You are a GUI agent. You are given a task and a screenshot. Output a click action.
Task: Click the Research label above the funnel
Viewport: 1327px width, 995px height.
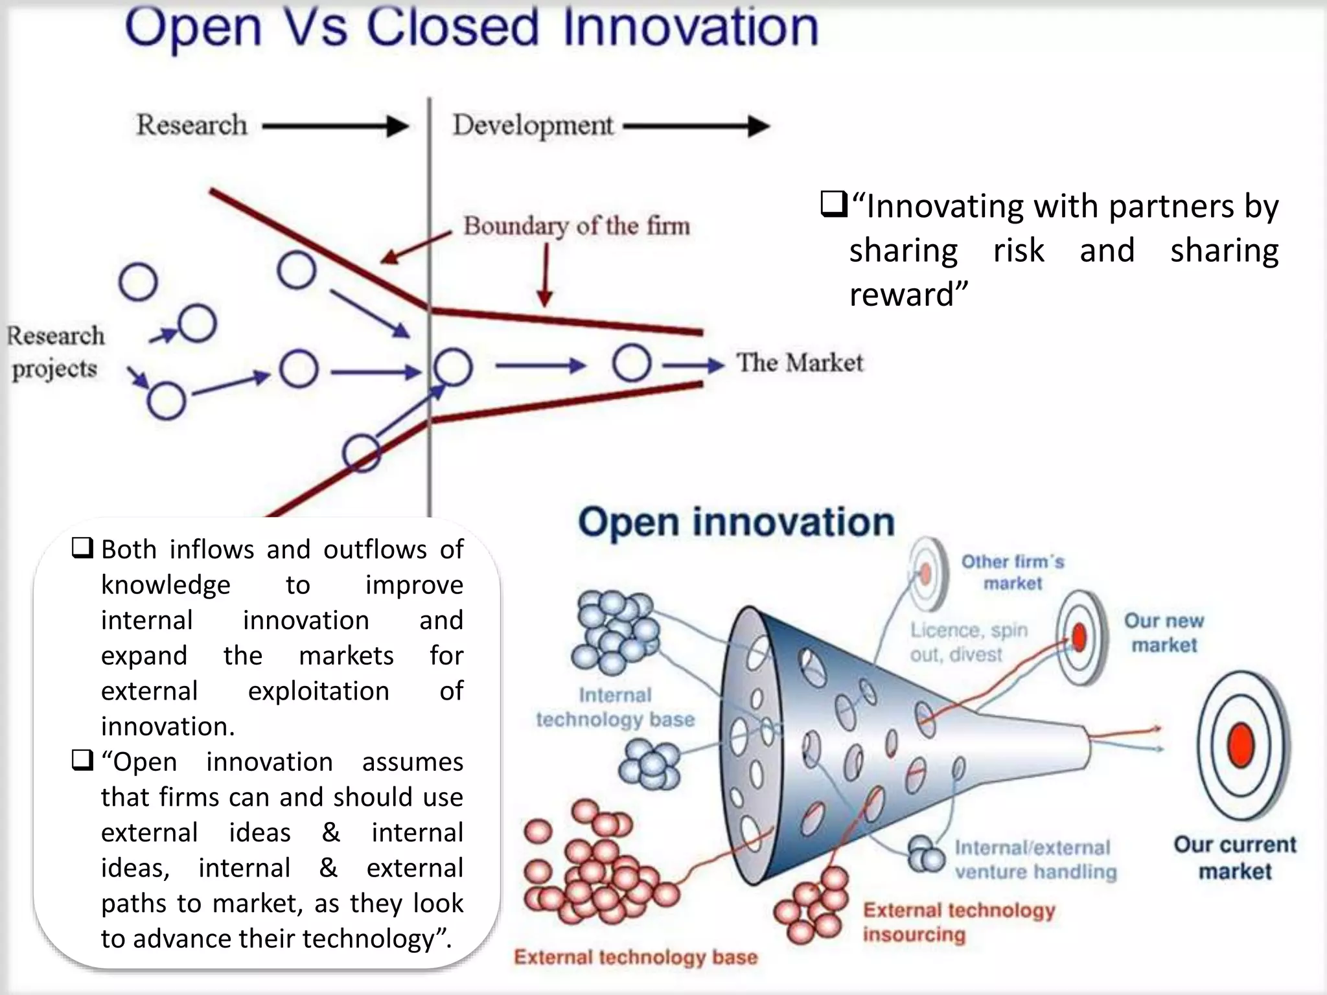tap(192, 124)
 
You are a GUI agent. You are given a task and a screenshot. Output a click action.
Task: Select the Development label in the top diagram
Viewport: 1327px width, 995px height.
tap(533, 125)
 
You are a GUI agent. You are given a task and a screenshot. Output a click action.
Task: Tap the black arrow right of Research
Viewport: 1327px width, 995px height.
tap(335, 126)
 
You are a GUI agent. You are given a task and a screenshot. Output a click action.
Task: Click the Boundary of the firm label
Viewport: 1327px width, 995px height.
tap(576, 226)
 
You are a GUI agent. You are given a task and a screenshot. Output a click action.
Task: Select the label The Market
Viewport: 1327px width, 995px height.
tap(800, 363)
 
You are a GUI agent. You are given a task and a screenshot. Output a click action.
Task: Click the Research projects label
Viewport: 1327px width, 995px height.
tap(55, 352)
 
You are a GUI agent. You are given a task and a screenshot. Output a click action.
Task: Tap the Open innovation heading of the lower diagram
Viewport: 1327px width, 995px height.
tap(736, 522)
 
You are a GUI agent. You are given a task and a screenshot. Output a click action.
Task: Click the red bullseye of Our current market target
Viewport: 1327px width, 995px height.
tap(1241, 746)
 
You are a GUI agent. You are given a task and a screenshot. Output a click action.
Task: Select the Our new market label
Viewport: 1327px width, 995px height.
tap(1164, 632)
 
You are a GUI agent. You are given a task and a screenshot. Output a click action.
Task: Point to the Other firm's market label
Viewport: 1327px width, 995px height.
tap(1013, 572)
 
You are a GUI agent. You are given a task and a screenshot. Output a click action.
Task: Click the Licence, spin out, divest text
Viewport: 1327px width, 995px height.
tap(968, 642)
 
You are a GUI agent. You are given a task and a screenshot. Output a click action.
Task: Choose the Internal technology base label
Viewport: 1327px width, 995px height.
tap(615, 707)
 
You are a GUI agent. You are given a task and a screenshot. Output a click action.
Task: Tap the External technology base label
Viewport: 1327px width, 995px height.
tap(636, 957)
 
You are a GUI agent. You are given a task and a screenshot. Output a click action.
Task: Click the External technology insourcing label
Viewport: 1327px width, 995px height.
tap(958, 922)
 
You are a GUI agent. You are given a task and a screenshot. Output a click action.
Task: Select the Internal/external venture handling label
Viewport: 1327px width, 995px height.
tap(1035, 860)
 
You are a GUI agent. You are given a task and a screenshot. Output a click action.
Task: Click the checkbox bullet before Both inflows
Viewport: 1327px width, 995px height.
tap(82, 549)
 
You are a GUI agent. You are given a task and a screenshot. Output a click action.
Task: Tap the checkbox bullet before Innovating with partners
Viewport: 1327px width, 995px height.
tap(833, 205)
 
